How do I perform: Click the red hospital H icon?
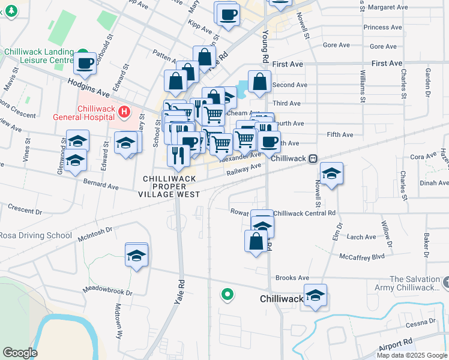coord(124,111)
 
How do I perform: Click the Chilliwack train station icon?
coord(313,159)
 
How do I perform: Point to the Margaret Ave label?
coord(388,7)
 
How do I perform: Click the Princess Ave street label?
coord(382,27)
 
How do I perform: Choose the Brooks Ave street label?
coord(292,278)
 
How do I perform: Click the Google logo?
coord(20,352)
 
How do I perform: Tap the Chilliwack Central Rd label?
coord(304,213)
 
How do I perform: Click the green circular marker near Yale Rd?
coord(226,294)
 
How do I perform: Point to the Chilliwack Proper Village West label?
coord(171,187)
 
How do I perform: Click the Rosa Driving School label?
coord(35,235)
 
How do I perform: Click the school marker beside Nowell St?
coord(331,173)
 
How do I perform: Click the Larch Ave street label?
coord(362,237)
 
